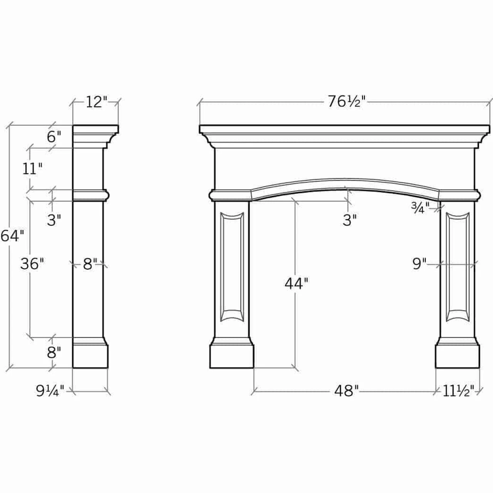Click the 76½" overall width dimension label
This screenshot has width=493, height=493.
[x=345, y=102]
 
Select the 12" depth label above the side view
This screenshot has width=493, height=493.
[x=96, y=102]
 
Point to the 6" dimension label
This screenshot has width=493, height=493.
[x=54, y=137]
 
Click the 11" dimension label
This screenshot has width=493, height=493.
[x=32, y=169]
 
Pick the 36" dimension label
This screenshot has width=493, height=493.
[x=32, y=264]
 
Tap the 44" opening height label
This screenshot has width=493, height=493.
[x=296, y=283]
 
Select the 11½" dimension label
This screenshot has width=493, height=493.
[x=458, y=391]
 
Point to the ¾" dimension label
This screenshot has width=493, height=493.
[x=420, y=208]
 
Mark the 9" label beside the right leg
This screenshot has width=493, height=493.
[x=419, y=264]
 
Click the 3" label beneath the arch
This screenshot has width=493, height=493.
[x=350, y=220]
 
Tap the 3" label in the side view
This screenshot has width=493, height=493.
[x=54, y=220]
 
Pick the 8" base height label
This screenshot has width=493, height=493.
[x=54, y=352]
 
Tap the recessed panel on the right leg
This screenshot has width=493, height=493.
[x=457, y=267]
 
